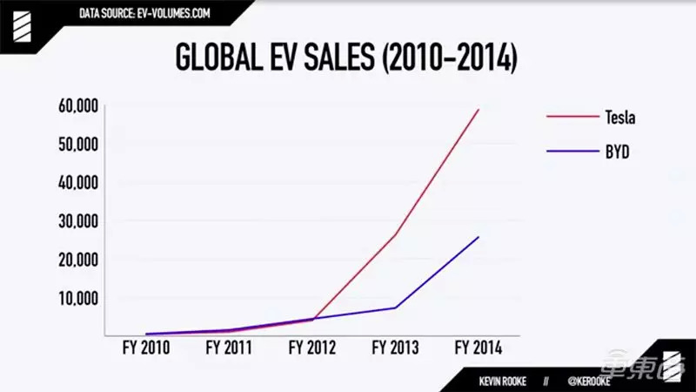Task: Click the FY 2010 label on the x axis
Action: tap(145, 348)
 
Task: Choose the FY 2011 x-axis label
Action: tap(229, 348)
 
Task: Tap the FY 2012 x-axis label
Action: tap(311, 348)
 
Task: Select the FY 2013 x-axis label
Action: tap(395, 348)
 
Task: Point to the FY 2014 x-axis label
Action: tap(478, 348)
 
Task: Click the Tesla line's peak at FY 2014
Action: tap(478, 109)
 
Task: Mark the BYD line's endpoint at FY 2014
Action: tap(478, 237)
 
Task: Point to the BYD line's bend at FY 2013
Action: tap(395, 308)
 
